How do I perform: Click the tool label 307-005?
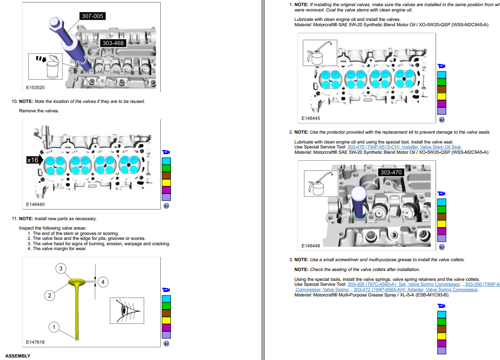93,16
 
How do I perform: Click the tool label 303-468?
113,43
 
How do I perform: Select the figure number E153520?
35,88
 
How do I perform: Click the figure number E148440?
35,204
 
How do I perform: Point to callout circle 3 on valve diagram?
61,269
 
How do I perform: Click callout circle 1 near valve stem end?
53,327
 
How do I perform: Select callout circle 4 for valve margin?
103,282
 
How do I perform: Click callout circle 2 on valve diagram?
49,295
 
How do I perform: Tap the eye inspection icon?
127,310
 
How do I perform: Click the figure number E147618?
35,342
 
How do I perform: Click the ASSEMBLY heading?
18,356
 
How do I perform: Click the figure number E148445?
311,118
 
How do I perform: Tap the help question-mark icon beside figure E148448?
441,247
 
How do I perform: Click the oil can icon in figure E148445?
319,53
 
